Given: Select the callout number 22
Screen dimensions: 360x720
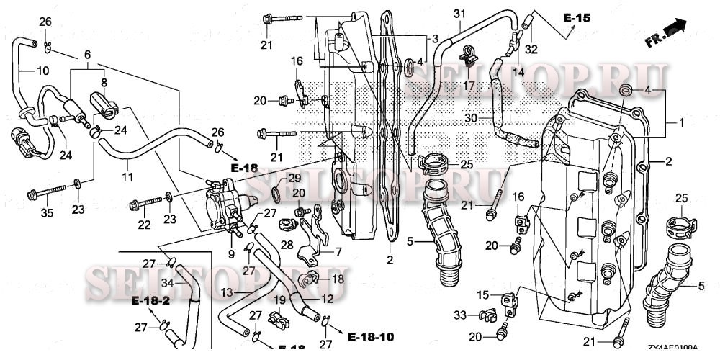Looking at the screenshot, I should pyautogui.click(x=145, y=225).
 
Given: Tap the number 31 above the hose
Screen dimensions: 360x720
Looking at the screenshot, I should pyautogui.click(x=460, y=14).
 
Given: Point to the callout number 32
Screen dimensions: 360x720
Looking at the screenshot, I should pyautogui.click(x=532, y=50).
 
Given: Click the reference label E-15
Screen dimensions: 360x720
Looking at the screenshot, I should pyautogui.click(x=577, y=17).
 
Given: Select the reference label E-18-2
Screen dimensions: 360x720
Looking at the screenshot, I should pyautogui.click(x=150, y=300).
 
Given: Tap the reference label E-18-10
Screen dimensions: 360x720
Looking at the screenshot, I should pyautogui.click(x=371, y=337).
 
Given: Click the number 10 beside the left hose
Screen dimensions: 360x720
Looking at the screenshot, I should pyautogui.click(x=43, y=71).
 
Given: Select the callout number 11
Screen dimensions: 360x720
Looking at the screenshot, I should pyautogui.click(x=127, y=176).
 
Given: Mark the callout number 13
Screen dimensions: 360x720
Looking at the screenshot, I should pyautogui.click(x=225, y=293).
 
